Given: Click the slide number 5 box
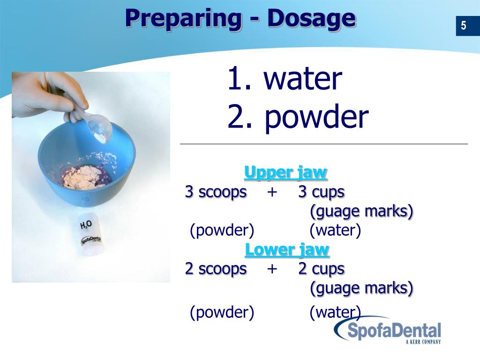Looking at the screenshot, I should point(463,25).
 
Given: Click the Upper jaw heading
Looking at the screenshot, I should point(285,172).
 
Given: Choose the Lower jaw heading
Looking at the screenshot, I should point(287,249).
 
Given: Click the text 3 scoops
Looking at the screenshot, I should point(216,192).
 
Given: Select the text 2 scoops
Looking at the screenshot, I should point(216,269).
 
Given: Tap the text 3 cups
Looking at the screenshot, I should point(321,192).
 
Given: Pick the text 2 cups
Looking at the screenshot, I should point(321,269).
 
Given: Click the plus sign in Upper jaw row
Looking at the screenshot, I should point(272,192).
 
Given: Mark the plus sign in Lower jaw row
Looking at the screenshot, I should point(272,269).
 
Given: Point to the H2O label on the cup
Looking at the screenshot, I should point(86,225).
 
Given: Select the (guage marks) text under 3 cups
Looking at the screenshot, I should point(361,211).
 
